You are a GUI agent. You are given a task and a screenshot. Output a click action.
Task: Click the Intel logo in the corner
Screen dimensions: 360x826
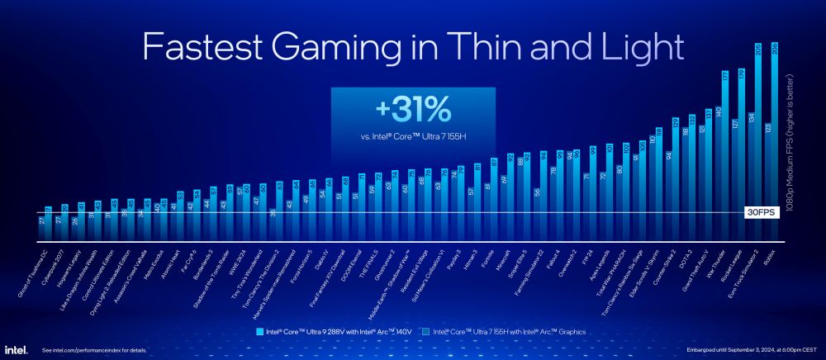click(x=17, y=350)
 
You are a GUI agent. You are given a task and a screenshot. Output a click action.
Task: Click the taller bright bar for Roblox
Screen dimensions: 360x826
click(x=775, y=140)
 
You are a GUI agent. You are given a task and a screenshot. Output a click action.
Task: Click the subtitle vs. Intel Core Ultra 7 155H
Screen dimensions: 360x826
click(x=413, y=134)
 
